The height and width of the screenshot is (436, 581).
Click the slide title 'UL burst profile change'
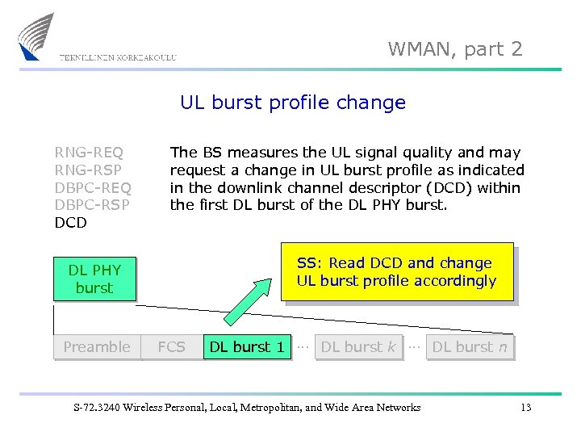coord(292,103)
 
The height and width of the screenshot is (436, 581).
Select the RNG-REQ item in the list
coord(89,152)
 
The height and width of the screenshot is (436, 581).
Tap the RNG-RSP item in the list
coord(89,170)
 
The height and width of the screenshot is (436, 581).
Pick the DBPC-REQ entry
coord(92,187)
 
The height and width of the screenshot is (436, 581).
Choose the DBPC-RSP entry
coord(92,205)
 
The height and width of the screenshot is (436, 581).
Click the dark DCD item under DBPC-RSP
coord(70,223)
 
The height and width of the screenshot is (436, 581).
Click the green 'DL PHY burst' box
coord(94,279)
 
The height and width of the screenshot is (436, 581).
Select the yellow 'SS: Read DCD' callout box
coord(396,272)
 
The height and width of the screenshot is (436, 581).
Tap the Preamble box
coord(97,347)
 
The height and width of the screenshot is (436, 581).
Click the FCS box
coord(171,347)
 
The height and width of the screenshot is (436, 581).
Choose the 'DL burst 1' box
coord(247,347)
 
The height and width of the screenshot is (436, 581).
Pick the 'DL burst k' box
coord(358,347)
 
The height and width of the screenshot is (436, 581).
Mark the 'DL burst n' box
coord(470,347)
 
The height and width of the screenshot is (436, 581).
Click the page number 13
coord(525,408)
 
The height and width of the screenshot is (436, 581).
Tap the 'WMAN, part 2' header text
coord(455,49)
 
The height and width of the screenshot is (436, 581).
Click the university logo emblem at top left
coord(36,36)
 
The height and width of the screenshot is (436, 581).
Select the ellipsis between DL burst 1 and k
coord(303,346)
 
